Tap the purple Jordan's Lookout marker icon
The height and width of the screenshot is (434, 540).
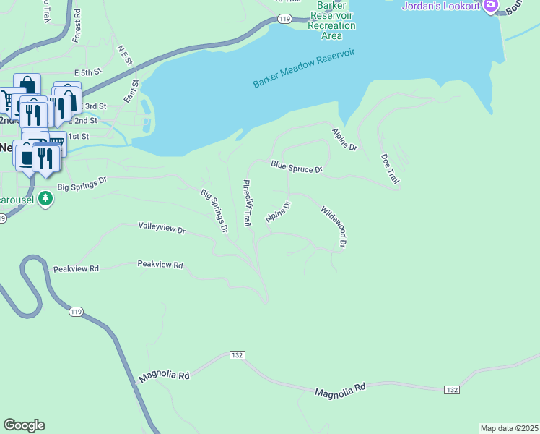click(491, 7)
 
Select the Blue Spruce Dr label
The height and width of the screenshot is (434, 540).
click(296, 167)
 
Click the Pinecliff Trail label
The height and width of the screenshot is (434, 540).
click(247, 203)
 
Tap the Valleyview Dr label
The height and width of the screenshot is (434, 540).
click(162, 228)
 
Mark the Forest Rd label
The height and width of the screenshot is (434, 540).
click(77, 25)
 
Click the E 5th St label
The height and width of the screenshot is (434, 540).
click(89, 73)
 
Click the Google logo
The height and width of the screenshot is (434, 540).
click(24, 425)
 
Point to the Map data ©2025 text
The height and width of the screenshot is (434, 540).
click(509, 428)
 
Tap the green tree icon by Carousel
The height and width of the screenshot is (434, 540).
click(45, 197)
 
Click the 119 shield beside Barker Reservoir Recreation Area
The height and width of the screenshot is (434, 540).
click(284, 19)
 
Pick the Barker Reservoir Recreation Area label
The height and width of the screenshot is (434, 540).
click(332, 20)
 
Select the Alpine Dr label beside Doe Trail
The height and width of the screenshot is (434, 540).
click(344, 139)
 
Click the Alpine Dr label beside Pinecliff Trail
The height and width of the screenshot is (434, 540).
click(277, 212)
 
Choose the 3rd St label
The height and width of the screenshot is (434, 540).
click(95, 106)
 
